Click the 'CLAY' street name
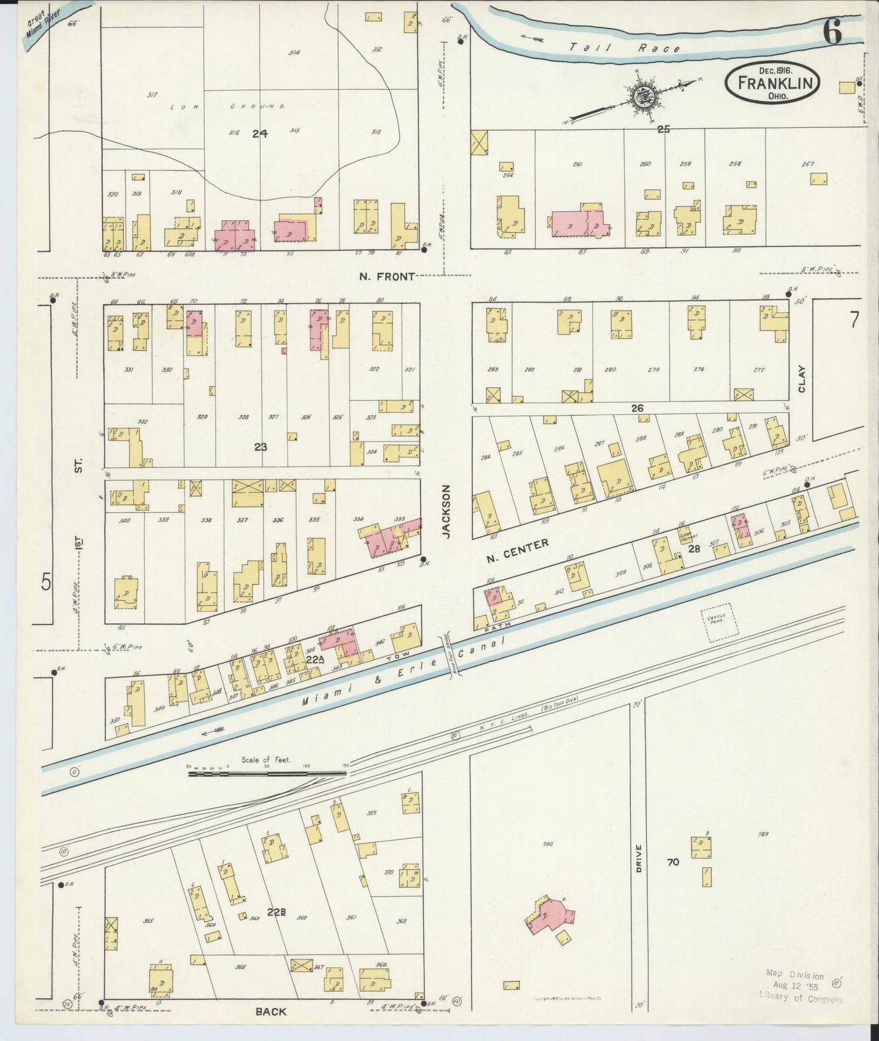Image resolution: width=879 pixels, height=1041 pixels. [x=801, y=378]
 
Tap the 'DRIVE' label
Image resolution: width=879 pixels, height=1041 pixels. [x=639, y=858]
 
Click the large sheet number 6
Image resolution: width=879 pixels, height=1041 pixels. [x=833, y=31]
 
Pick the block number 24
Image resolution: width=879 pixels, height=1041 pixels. [x=260, y=133]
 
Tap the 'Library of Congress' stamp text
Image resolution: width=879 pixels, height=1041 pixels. [x=801, y=998]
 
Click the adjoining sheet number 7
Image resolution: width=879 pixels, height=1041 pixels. [x=854, y=320]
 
